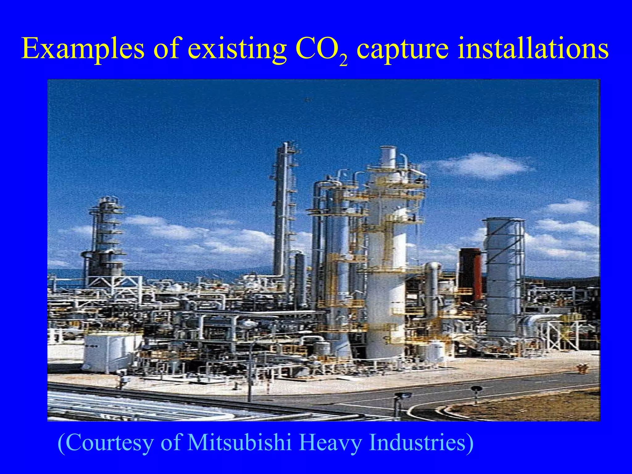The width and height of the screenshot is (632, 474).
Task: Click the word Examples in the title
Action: [x=83, y=49]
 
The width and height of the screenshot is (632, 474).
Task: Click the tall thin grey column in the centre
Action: [x=281, y=210]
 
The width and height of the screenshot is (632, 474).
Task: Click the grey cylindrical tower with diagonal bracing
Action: [x=504, y=272]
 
